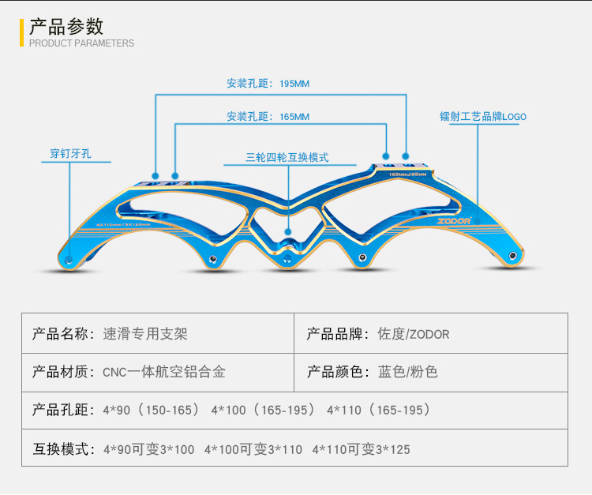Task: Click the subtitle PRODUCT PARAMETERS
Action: click(81, 43)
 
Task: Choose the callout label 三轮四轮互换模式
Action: click(287, 157)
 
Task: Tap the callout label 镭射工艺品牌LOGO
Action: click(482, 117)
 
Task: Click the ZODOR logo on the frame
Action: click(453, 221)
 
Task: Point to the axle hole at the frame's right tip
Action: click(514, 255)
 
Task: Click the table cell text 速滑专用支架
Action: click(145, 334)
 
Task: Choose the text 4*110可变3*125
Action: click(361, 449)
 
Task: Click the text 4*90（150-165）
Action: click(150, 411)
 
